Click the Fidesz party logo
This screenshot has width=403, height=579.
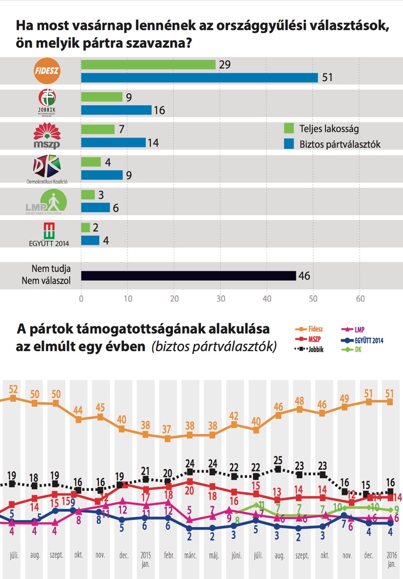[47, 71]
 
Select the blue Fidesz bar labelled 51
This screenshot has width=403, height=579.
[199, 78]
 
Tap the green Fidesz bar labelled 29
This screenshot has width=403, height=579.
[148, 64]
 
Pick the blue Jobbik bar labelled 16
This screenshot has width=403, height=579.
[116, 110]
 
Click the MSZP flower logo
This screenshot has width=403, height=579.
[47, 135]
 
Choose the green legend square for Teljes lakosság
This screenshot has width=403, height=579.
[289, 128]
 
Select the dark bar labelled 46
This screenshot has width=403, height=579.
[188, 275]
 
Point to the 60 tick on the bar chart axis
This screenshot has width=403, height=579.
[360, 298]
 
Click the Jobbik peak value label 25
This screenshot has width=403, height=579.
[278, 459]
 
